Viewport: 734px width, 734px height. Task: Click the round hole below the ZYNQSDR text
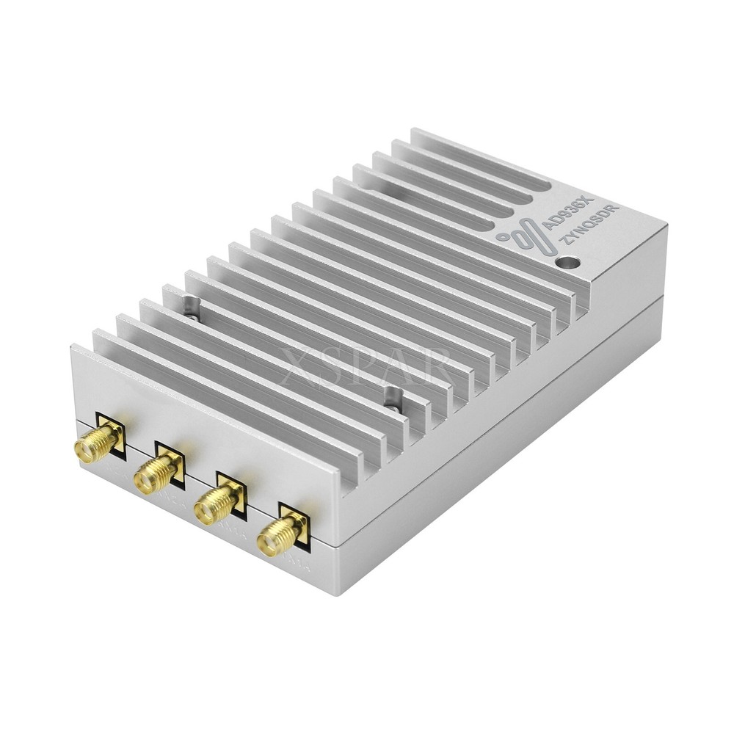(566, 262)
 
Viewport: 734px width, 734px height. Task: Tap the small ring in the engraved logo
(503, 236)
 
